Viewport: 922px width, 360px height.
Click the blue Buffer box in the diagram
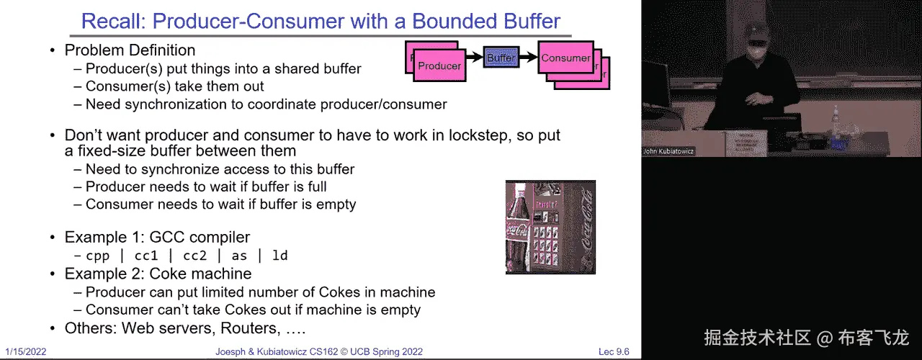pyautogui.click(x=501, y=57)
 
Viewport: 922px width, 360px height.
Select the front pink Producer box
pyautogui.click(x=439, y=66)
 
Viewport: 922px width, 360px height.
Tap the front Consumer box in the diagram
pyautogui.click(x=565, y=58)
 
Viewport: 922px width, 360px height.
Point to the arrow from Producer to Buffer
pyautogui.click(x=473, y=56)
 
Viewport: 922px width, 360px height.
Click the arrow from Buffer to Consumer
pyautogui.click(x=529, y=56)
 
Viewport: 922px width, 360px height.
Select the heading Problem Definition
pyautogui.click(x=130, y=50)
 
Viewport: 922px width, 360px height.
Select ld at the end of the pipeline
pyautogui.click(x=280, y=256)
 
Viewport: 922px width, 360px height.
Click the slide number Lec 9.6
pyautogui.click(x=614, y=352)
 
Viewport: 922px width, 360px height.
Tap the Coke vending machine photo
pyautogui.click(x=550, y=227)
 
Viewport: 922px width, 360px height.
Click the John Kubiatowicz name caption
pyautogui.click(x=668, y=152)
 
